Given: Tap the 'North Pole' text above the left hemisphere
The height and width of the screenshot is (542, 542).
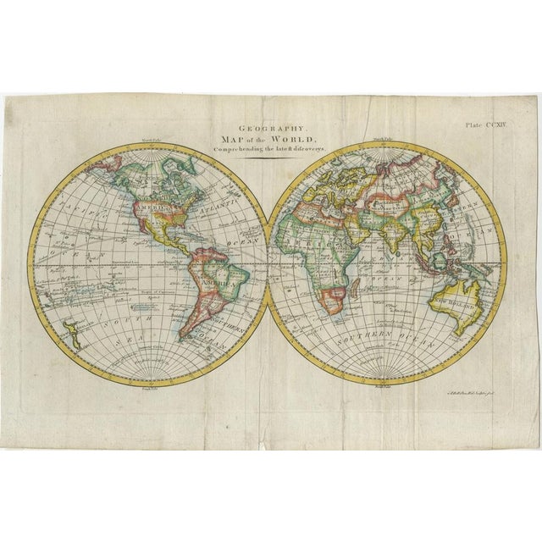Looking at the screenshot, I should (151, 141).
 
